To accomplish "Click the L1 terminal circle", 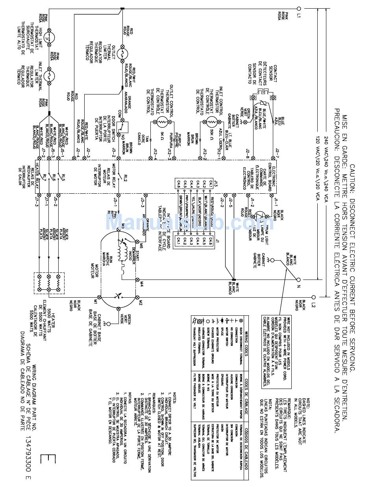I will (298, 8).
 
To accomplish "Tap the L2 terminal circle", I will (314, 297).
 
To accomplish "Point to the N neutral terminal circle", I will (298, 280).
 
